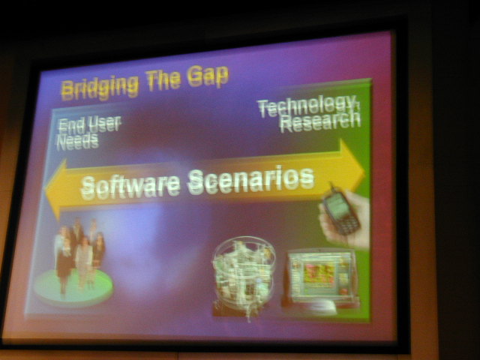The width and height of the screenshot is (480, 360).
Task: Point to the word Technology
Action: [307, 106]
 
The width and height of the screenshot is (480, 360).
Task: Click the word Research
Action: [320, 122]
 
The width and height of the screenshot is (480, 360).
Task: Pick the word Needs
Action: [78, 142]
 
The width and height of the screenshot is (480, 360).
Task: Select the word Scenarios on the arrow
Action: [251, 180]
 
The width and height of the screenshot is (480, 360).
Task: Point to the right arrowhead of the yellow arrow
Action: [352, 165]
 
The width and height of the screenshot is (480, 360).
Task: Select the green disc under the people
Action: [73, 288]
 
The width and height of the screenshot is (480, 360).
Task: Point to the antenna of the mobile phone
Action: [331, 187]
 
